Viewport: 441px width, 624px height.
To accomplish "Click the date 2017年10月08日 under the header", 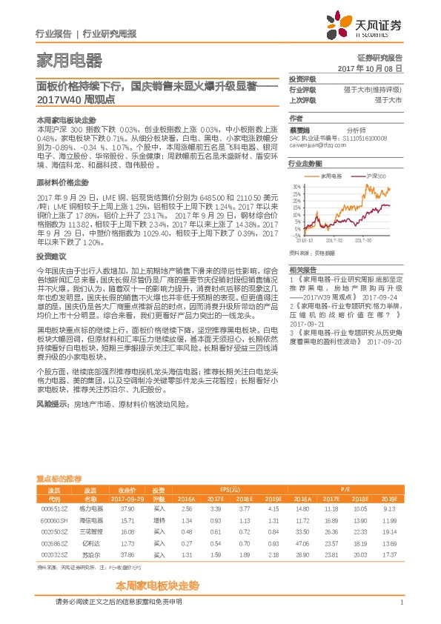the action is (x=369, y=67).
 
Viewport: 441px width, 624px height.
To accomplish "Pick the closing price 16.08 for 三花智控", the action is (x=127, y=531).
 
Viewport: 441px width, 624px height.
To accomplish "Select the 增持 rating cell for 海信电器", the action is (x=159, y=520).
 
